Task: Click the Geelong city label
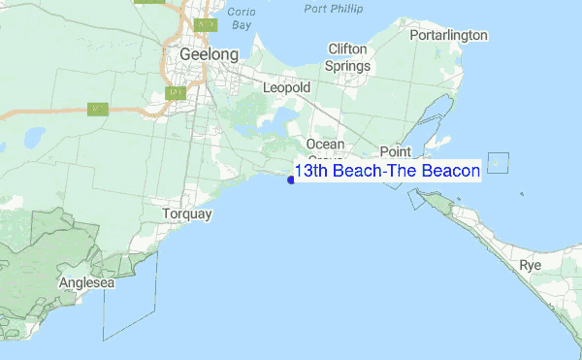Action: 209,54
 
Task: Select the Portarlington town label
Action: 447,35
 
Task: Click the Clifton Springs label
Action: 349,57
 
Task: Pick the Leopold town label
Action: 286,88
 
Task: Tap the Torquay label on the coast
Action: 187,213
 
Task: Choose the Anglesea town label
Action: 86,282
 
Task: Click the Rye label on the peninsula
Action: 530,265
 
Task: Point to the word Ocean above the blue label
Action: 325,145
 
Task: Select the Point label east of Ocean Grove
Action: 396,151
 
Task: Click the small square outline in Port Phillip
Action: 498,163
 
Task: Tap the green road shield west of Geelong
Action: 97,109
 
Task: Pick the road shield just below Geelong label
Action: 176,93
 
